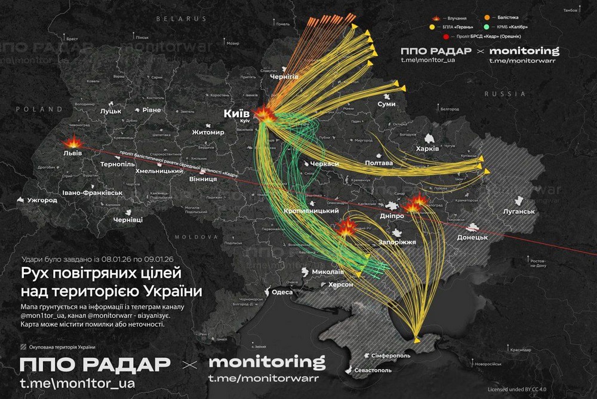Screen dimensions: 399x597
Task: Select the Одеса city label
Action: click(x=282, y=292)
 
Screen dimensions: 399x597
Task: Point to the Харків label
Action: click(x=427, y=148)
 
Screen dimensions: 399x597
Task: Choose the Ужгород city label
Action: click(x=42, y=199)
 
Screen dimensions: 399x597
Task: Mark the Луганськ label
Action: click(x=518, y=212)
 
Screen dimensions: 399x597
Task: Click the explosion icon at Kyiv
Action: click(x=264, y=113)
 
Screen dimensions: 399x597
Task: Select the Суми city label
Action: click(x=386, y=104)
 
